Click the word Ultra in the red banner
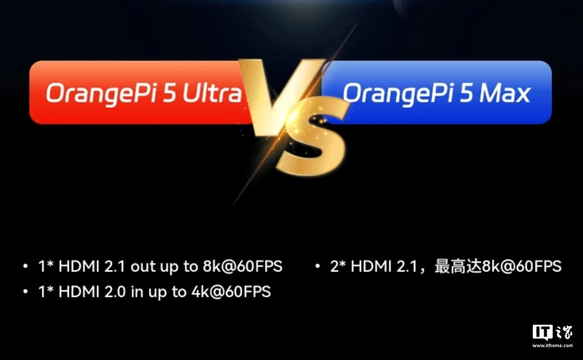click(x=212, y=93)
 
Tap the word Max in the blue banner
click(x=504, y=93)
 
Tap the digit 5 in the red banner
click(x=170, y=93)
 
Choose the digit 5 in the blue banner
click(x=466, y=93)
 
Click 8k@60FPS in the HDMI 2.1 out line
click(x=242, y=267)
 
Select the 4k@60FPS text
click(x=231, y=292)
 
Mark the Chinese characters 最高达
click(x=458, y=267)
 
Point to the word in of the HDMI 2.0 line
click(x=137, y=292)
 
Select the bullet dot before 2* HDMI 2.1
click(x=317, y=266)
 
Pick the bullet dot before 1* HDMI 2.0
click(x=25, y=291)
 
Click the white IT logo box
click(x=543, y=333)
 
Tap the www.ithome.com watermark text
click(x=553, y=346)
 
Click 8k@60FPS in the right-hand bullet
click(x=522, y=267)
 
